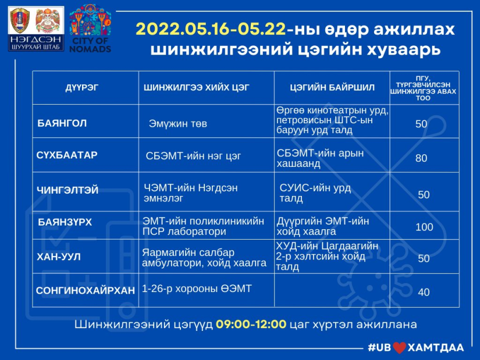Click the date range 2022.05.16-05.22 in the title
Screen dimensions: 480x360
pyautogui.click(x=211, y=30)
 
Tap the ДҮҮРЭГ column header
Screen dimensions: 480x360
pyautogui.click(x=81, y=88)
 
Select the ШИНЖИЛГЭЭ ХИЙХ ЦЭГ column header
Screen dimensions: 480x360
pyautogui.click(x=197, y=88)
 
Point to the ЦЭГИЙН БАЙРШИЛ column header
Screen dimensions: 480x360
pyautogui.click(x=332, y=88)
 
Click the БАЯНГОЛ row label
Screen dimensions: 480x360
pyautogui.click(x=62, y=123)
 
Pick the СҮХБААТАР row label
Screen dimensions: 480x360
pyautogui.click(x=67, y=155)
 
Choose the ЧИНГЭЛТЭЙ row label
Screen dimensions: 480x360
pyautogui.click(x=67, y=190)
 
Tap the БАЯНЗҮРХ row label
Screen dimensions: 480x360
pyautogui.click(x=65, y=222)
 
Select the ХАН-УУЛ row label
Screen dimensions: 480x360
pyautogui.click(x=59, y=256)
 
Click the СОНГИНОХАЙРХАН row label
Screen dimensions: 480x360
pyautogui.click(x=85, y=290)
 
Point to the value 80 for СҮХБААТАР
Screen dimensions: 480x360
pyautogui.click(x=421, y=158)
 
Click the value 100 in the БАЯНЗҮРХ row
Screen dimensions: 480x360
pyautogui.click(x=424, y=227)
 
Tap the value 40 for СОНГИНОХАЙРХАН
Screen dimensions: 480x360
pyautogui.click(x=424, y=292)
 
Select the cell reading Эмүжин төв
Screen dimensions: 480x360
pyautogui.click(x=178, y=124)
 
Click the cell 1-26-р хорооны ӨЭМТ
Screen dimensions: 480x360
pyautogui.click(x=197, y=288)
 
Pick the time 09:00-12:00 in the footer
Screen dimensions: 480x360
pyautogui.click(x=251, y=324)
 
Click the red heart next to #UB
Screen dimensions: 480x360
pyautogui.click(x=400, y=348)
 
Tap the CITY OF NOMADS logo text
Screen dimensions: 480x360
pyautogui.click(x=90, y=45)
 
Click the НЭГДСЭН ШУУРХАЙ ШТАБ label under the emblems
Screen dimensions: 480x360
pyautogui.click(x=36, y=43)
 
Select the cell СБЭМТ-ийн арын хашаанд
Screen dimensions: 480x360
pyautogui.click(x=320, y=158)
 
